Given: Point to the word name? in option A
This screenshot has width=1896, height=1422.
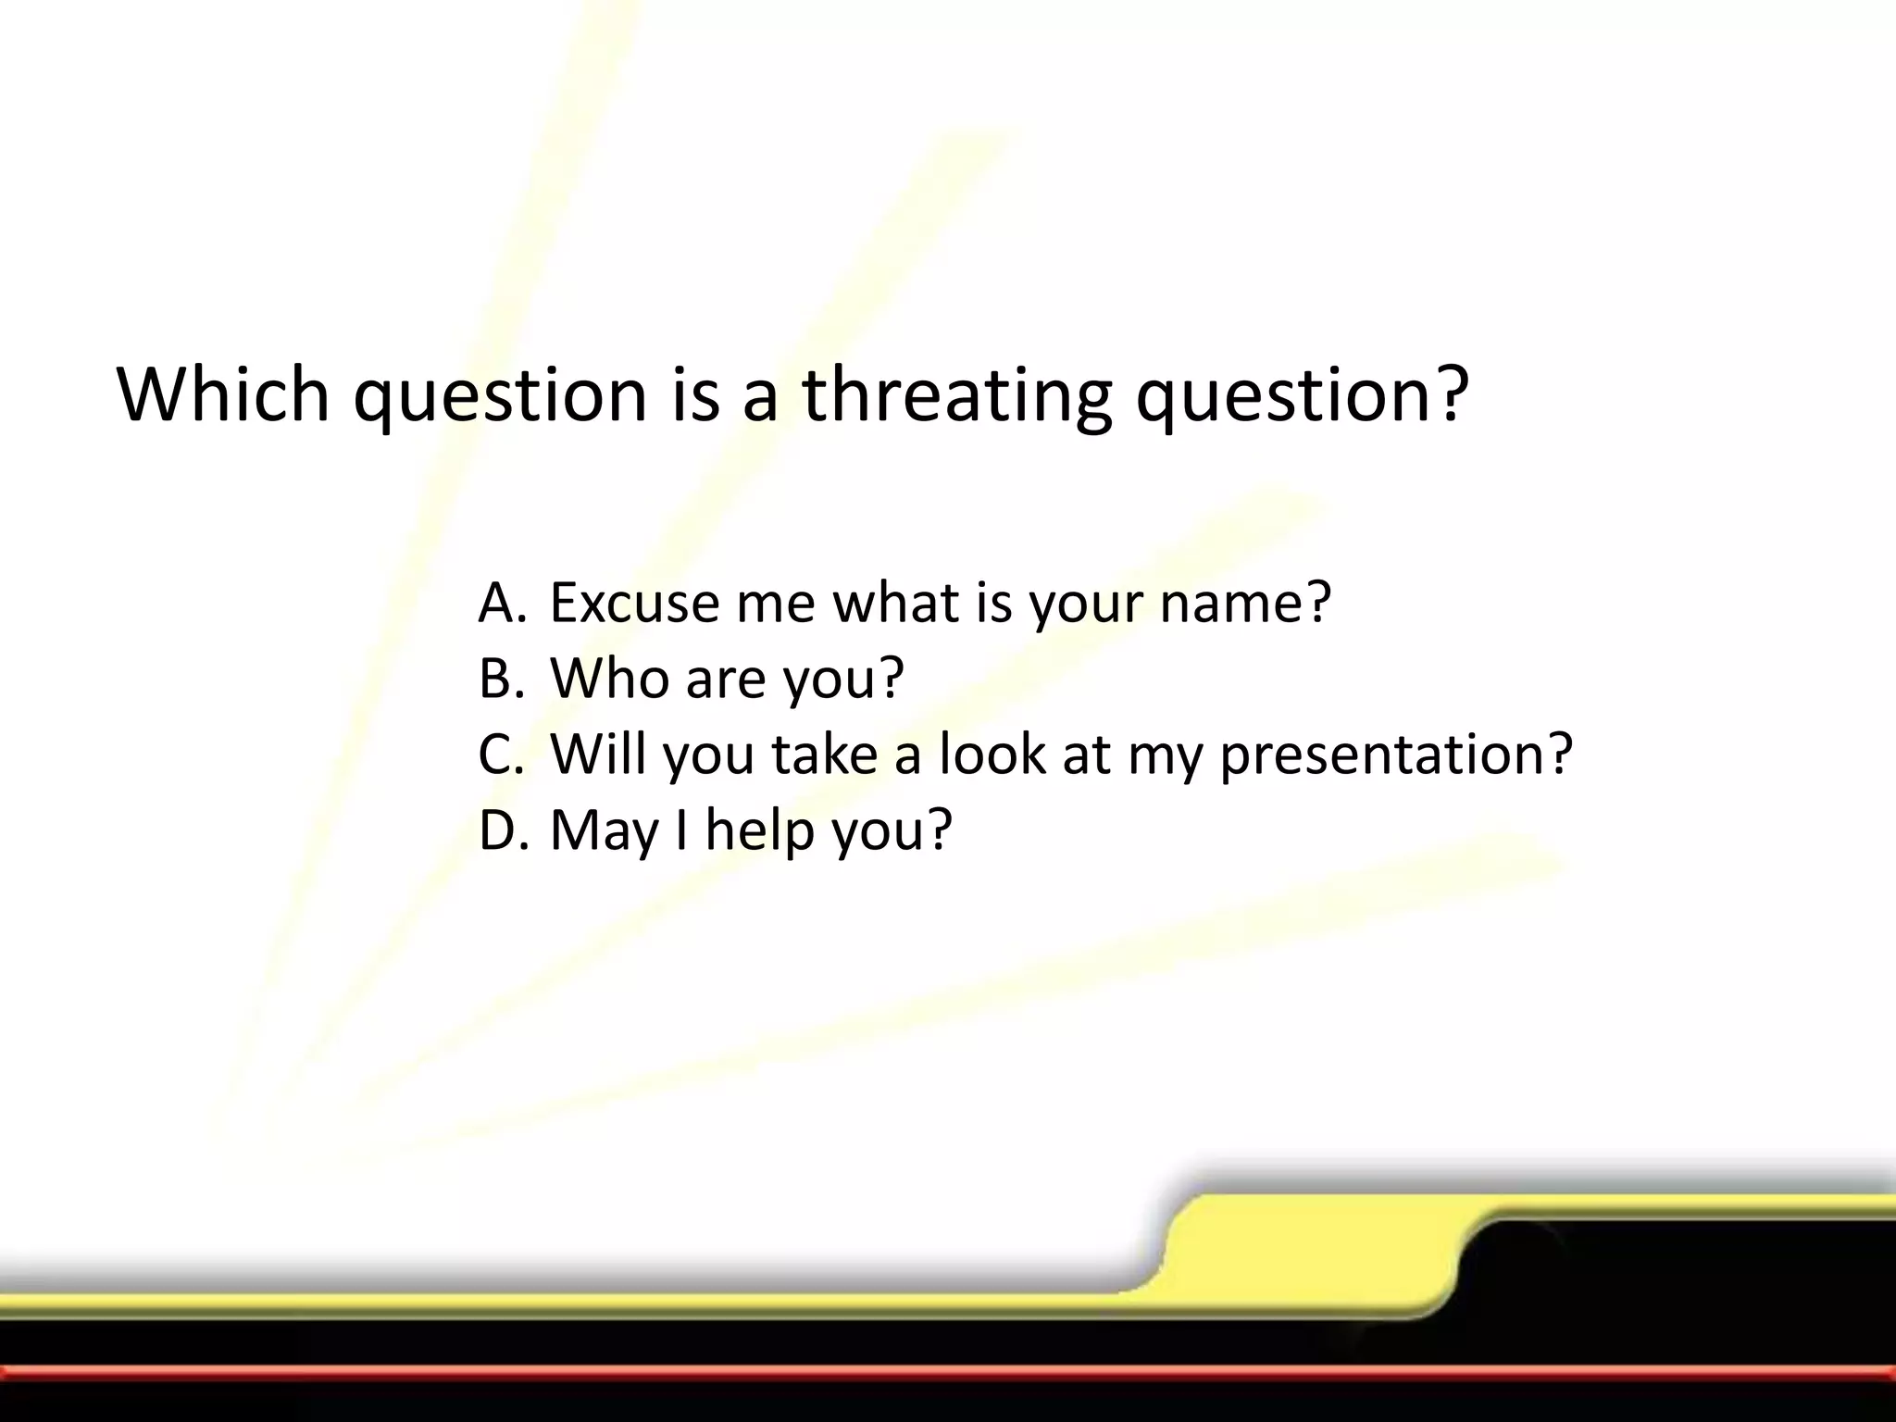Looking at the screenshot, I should tap(1245, 603).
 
